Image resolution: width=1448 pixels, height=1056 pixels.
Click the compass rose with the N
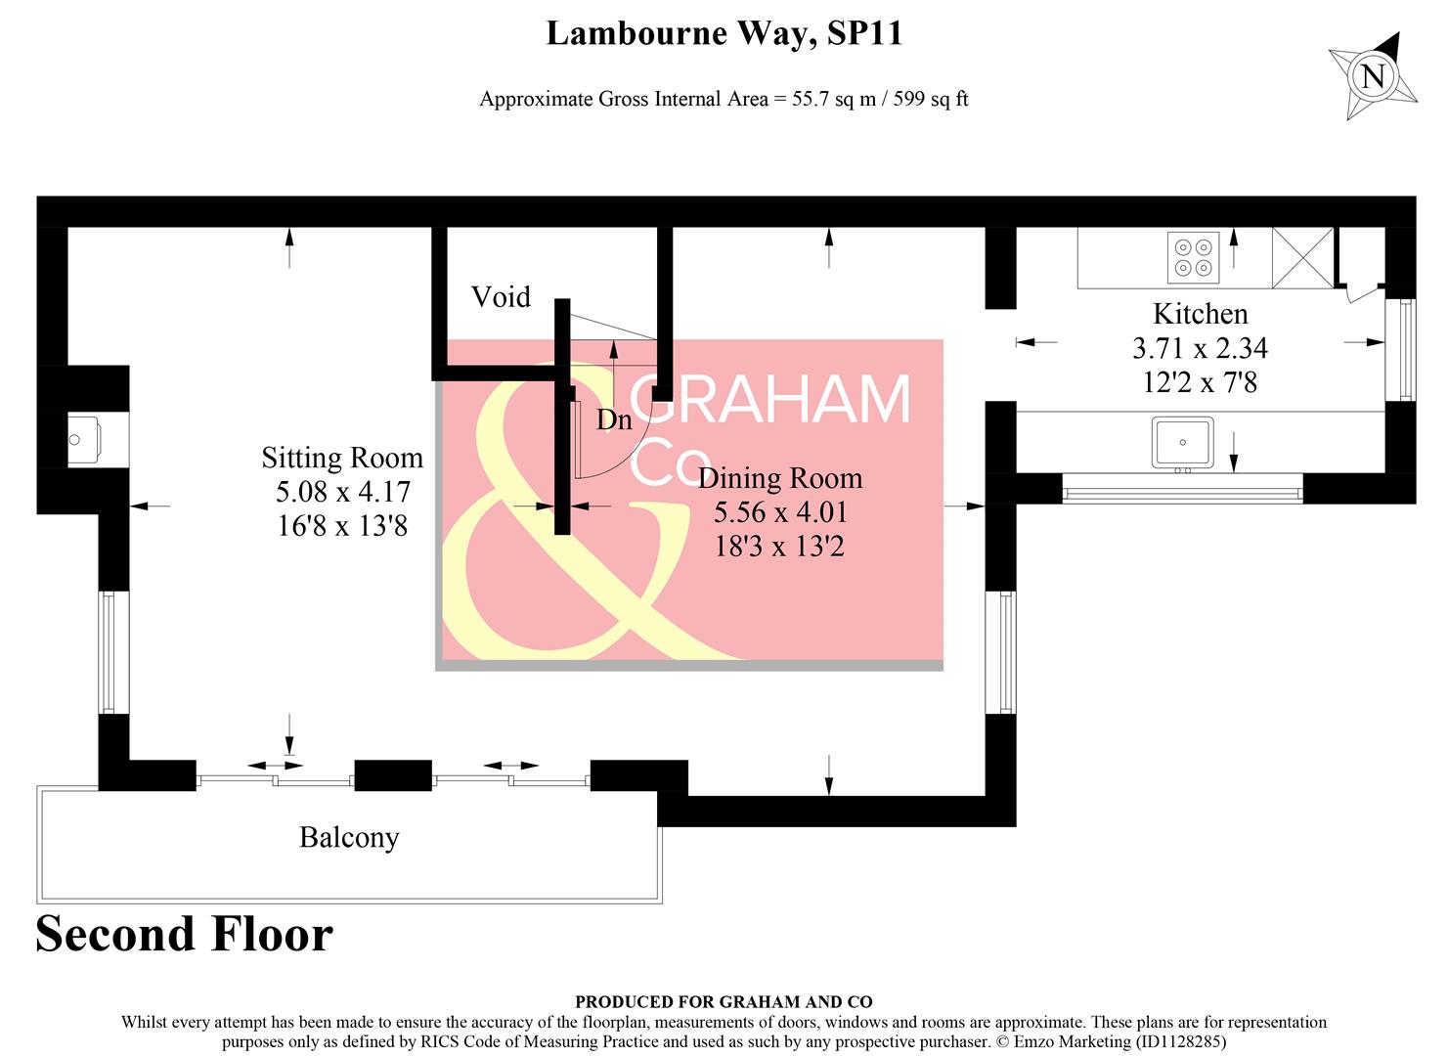[x=1373, y=76]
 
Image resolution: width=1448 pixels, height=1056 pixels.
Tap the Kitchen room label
[x=1201, y=314]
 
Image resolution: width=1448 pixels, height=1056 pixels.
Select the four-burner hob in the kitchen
[x=1193, y=256]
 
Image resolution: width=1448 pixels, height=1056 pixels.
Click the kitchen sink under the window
[x=1182, y=443]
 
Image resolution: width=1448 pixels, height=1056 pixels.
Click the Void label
[x=501, y=296]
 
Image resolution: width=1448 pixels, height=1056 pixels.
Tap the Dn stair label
[x=614, y=419]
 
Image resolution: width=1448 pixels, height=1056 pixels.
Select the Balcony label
[x=349, y=838]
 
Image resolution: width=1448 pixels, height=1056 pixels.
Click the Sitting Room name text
[x=342, y=458]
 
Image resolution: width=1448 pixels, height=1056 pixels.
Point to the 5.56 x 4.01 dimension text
[x=780, y=512]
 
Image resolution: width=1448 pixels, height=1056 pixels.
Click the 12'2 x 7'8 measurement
[x=1200, y=382]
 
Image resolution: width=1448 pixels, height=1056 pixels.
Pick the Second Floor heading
[x=184, y=934]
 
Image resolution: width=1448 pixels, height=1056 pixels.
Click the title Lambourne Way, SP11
[x=724, y=33]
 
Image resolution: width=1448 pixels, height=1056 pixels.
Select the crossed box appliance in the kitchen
[x=1302, y=257]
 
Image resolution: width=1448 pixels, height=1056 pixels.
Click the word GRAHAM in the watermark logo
[x=771, y=399]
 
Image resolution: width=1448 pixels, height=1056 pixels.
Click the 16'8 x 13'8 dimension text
[x=342, y=526]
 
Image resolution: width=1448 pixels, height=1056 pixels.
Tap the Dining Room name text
[x=780, y=478]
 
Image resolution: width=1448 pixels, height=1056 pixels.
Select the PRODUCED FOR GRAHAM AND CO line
[x=724, y=1001]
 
